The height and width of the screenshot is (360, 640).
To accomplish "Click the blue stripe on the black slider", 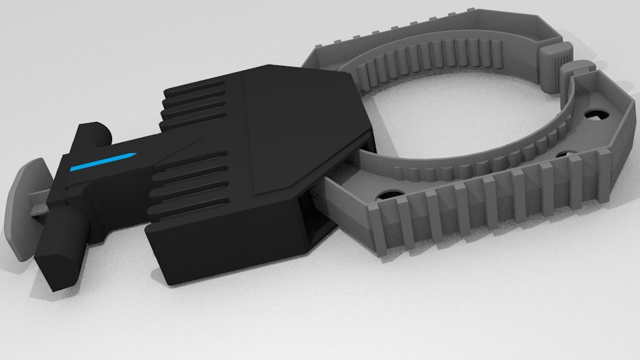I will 103,162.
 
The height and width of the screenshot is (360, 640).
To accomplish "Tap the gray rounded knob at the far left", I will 27,207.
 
